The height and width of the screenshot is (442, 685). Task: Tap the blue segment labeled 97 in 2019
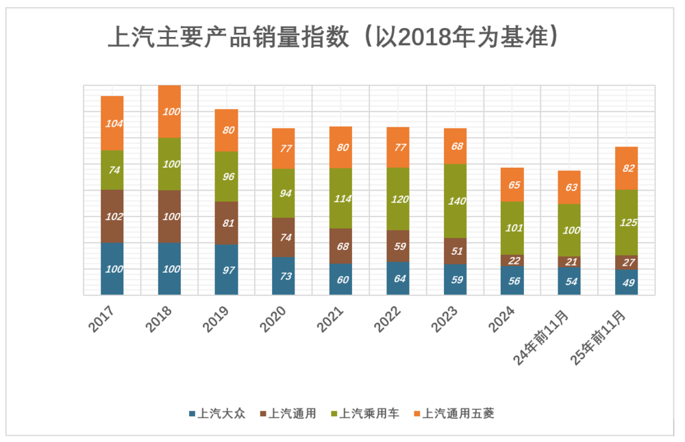point(226,270)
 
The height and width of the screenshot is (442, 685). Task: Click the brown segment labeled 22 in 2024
point(512,260)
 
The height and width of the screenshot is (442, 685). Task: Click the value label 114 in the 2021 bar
point(341,199)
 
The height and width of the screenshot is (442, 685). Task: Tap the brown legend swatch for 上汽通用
point(262,413)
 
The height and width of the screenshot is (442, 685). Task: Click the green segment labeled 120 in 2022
point(398,199)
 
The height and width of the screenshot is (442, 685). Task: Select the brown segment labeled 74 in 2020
point(284,238)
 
